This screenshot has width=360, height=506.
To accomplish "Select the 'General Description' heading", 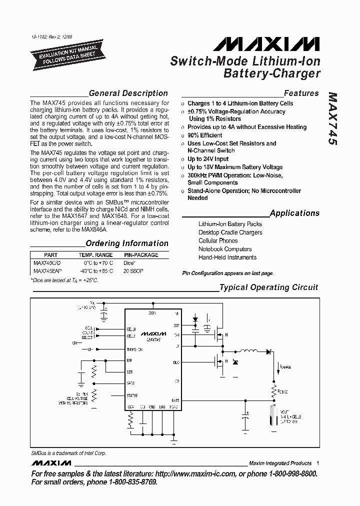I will pyautogui.click(x=128, y=93).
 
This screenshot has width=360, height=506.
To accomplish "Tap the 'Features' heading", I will pyautogui.click(x=301, y=93).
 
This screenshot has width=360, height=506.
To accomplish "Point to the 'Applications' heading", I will pyautogui.click(x=294, y=213).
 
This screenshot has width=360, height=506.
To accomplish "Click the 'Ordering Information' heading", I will pyautogui.click(x=127, y=243).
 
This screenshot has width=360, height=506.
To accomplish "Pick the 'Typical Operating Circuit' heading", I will pyautogui.click(x=268, y=287).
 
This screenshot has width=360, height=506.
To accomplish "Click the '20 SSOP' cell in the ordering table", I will pyautogui.click(x=133, y=270).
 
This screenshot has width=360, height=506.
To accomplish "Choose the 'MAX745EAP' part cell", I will pyautogui.click(x=47, y=270).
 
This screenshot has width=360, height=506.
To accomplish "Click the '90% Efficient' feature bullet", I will pyautogui.click(x=204, y=135).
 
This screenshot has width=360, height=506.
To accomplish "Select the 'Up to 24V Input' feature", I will pyautogui.click(x=208, y=159).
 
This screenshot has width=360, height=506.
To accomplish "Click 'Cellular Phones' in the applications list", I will pyautogui.click(x=218, y=240).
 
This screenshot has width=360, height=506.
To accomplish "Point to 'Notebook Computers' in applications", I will pyautogui.click(x=225, y=249).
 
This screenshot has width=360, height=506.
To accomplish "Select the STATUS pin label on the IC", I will pyautogui.click(x=132, y=395).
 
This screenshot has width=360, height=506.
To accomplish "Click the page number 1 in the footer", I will pyautogui.click(x=318, y=463).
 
